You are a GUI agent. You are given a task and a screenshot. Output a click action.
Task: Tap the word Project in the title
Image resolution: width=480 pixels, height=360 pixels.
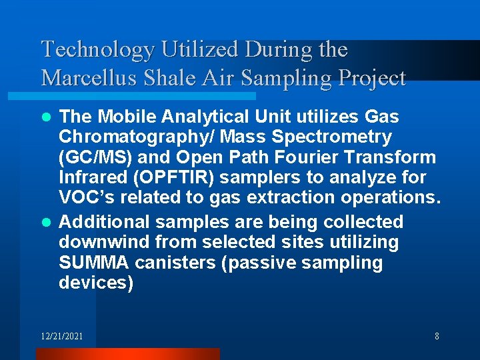tap(371, 79)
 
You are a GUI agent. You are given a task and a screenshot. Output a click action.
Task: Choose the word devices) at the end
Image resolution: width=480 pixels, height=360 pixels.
tap(96, 283)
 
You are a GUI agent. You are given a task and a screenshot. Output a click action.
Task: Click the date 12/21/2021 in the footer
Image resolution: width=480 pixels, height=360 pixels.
tap(62, 337)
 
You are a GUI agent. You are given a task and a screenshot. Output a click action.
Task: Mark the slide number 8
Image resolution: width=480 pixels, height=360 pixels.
tap(437, 337)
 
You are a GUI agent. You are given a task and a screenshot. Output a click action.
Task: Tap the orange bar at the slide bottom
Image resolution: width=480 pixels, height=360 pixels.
tap(127, 354)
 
